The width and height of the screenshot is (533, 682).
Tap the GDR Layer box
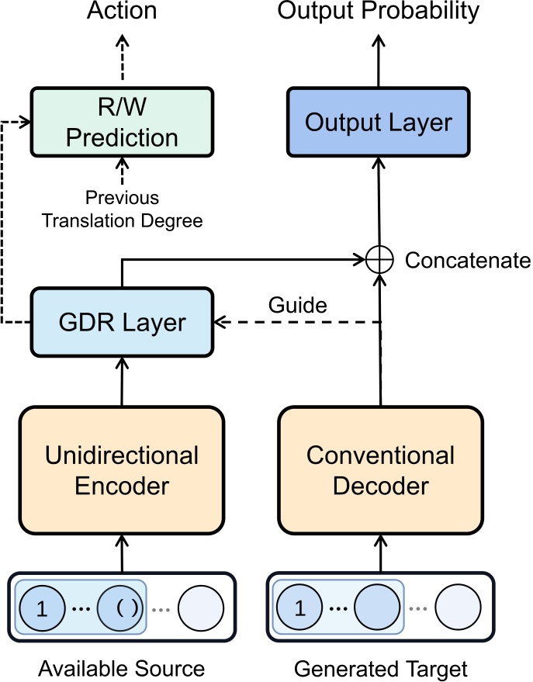(122, 322)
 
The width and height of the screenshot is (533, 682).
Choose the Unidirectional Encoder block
(122, 470)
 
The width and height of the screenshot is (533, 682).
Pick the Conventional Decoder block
(379, 470)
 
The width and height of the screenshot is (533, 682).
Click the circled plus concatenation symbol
(379, 260)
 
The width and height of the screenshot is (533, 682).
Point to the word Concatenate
(468, 260)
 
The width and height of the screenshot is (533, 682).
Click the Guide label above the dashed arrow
(297, 305)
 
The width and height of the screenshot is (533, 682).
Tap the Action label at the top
(122, 11)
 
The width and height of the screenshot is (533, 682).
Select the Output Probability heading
(379, 11)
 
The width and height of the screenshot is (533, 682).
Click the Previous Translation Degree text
(122, 209)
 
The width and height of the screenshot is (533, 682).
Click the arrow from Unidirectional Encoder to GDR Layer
(122, 379)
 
